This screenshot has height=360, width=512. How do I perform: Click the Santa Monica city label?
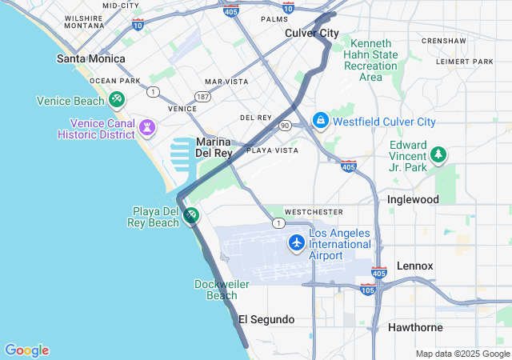[90, 58]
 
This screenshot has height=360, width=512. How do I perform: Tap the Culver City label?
[312, 33]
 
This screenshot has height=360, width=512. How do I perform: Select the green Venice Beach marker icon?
[117, 100]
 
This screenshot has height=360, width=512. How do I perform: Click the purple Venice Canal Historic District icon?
[147, 128]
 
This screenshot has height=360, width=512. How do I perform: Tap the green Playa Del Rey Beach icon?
[191, 215]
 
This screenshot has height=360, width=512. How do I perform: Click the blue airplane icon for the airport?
[297, 242]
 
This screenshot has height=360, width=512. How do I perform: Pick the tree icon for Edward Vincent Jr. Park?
[438, 154]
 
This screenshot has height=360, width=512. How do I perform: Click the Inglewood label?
[413, 198]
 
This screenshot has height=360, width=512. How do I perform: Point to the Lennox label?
[415, 266]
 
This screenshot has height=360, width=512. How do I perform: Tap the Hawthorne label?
[415, 327]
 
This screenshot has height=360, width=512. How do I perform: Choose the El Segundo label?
[266, 319]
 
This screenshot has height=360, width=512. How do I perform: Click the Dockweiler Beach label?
[216, 290]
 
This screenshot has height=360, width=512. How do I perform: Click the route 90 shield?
[285, 126]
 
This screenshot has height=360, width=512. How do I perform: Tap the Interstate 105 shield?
[368, 288]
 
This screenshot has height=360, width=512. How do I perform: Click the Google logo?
[26, 350]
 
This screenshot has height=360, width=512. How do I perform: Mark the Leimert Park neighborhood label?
[465, 62]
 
